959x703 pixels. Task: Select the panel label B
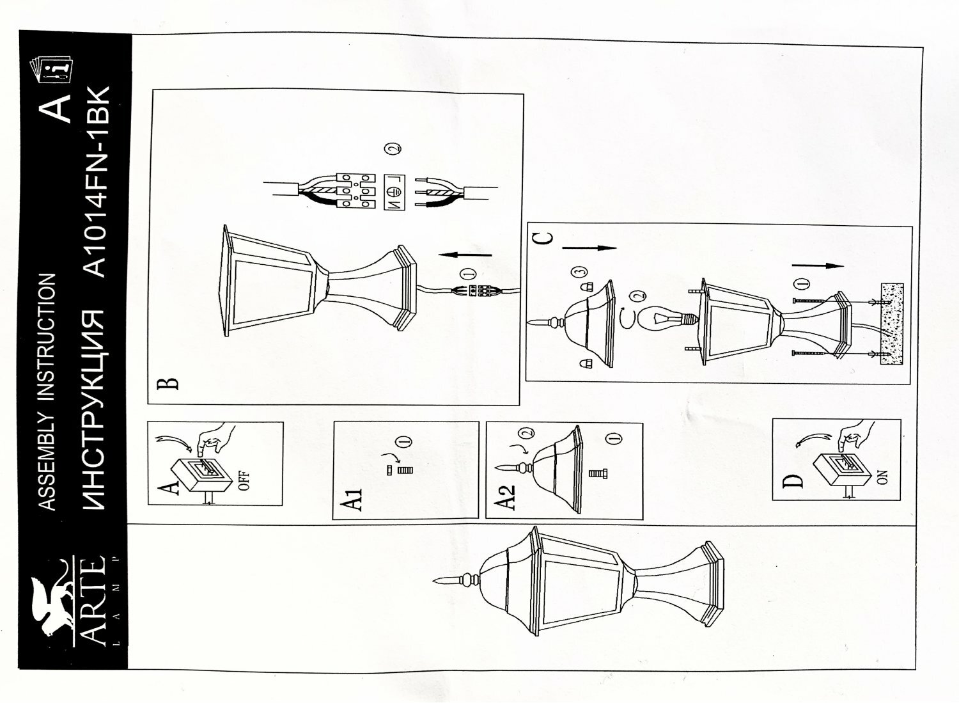[168, 383]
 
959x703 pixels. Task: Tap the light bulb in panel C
[661, 318]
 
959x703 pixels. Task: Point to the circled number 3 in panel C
[579, 273]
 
